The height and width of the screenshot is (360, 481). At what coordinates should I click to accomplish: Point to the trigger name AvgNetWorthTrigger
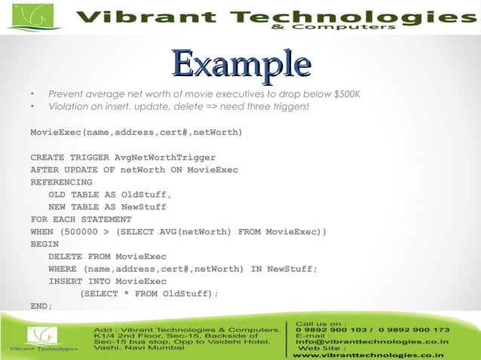[x=164, y=157]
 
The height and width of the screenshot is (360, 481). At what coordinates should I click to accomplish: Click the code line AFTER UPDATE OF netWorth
[x=134, y=169]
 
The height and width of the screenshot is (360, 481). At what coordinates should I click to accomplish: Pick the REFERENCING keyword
[x=61, y=182]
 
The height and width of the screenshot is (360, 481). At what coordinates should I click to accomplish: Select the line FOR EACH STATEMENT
[x=75, y=219]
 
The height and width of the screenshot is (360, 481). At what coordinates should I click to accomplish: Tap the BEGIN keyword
[x=44, y=244]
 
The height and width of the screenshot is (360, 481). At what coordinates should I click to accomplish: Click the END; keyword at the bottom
[x=41, y=306]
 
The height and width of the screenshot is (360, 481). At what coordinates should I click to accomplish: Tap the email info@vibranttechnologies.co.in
[x=372, y=341]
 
